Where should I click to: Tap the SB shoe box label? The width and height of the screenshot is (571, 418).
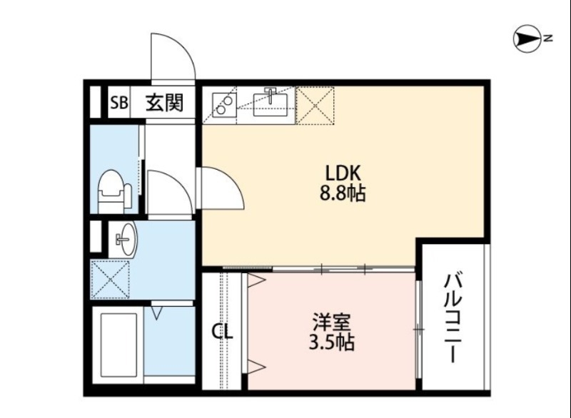pos(118,104)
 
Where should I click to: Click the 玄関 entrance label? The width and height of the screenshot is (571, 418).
pos(165,104)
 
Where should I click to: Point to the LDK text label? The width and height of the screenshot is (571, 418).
pos(345,173)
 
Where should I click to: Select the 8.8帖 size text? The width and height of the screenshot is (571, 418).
pos(345,193)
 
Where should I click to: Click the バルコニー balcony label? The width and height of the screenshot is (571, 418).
pos(453,317)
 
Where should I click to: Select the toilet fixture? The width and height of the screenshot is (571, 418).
pos(114,189)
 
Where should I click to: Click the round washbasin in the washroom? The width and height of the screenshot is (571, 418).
pos(125,238)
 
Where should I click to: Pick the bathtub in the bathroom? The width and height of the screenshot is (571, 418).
pos(117,345)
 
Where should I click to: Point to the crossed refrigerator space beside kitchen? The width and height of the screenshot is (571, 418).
pos(314,104)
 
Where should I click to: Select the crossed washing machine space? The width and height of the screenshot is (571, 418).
pos(110,280)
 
